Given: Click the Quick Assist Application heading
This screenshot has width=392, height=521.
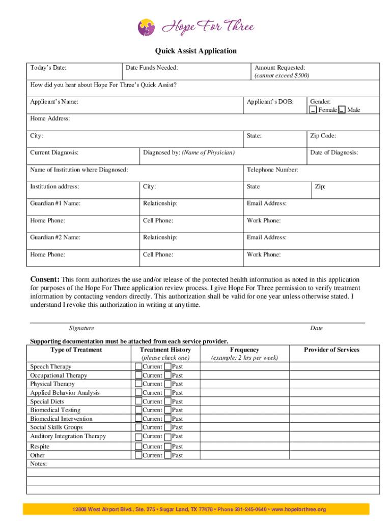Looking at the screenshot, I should [196, 51].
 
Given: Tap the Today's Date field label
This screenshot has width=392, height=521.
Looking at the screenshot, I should [48, 68].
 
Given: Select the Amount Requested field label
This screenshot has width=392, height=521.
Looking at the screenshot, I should [279, 68].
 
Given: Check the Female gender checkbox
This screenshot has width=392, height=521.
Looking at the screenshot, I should [313, 110].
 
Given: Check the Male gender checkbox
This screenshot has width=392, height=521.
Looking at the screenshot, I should [342, 110].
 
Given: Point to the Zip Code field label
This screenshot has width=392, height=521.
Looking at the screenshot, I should [323, 136].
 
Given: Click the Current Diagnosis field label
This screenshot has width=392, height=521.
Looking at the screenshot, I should [54, 153].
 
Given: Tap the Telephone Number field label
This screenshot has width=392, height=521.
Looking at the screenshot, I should [272, 169].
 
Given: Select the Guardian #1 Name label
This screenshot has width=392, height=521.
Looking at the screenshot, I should [55, 204].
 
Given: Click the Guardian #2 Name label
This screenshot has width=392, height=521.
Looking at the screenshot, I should [55, 237].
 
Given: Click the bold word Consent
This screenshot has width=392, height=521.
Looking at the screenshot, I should [45, 279].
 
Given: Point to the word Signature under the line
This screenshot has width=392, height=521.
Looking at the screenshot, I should [81, 328].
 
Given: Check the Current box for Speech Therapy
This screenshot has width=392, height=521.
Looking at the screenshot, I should [138, 366].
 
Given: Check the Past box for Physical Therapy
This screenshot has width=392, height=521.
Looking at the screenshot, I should [168, 384].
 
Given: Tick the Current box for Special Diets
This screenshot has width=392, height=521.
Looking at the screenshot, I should [138, 401].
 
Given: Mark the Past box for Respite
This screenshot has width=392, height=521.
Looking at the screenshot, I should [168, 446].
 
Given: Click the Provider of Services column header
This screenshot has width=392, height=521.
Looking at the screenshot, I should [331, 350].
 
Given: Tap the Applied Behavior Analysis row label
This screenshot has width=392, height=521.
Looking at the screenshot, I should [65, 393].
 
